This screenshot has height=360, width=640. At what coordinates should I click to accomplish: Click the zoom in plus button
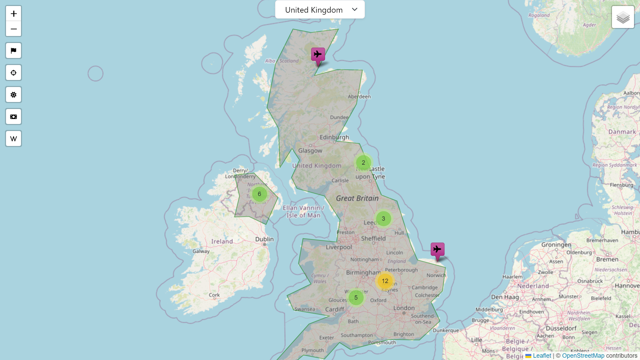click(x=14, y=14)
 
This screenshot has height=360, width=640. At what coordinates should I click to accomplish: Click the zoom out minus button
click(x=14, y=29)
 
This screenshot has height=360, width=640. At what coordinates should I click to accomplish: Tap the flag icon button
click(x=14, y=51)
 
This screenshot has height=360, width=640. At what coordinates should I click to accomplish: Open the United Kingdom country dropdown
click(x=320, y=10)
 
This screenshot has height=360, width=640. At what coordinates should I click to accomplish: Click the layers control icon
click(x=623, y=17)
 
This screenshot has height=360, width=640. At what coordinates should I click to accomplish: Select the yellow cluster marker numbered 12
click(x=385, y=281)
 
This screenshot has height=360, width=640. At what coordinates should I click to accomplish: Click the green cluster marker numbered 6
click(x=259, y=194)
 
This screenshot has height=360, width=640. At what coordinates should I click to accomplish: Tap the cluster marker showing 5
click(x=356, y=298)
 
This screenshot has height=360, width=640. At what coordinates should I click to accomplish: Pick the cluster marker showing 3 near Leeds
click(x=383, y=219)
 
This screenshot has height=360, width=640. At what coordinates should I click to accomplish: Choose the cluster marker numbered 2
click(x=363, y=163)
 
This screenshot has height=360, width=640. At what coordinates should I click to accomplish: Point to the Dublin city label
click(x=264, y=239)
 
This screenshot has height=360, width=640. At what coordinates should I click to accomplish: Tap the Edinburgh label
click(x=334, y=137)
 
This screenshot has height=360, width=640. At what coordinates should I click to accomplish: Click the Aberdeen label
click(x=359, y=97)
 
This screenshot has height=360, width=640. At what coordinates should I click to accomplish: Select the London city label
click(x=404, y=308)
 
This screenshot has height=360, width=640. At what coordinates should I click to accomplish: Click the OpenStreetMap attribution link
click(x=583, y=356)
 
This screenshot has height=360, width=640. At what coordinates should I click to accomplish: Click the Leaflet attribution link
click(x=542, y=356)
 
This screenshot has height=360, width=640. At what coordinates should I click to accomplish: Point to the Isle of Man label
click(x=303, y=215)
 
